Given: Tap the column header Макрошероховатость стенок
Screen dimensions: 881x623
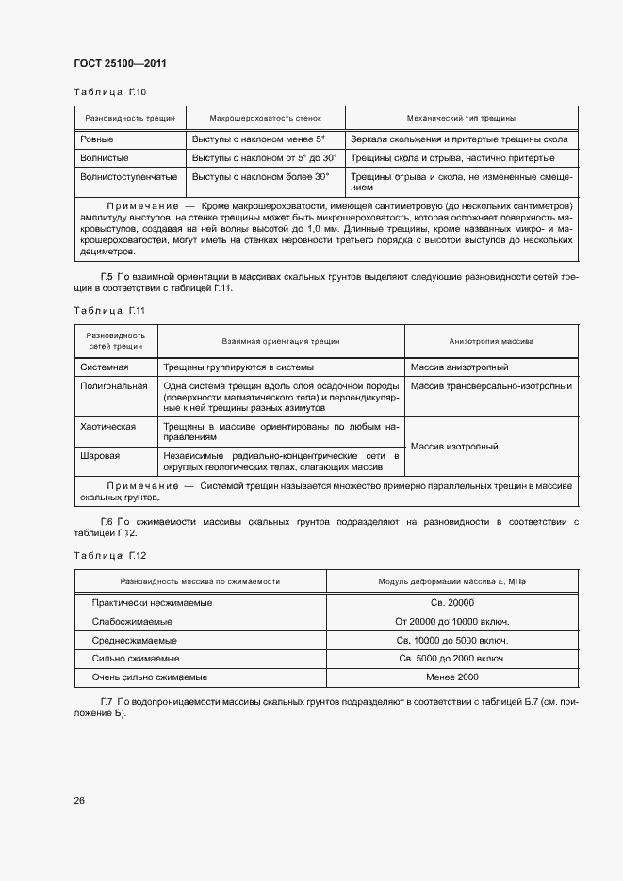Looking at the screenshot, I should [266, 119].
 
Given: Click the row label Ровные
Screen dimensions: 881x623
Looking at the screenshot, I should [96, 139].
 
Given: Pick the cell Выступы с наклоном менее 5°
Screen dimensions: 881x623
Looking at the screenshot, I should [258, 139].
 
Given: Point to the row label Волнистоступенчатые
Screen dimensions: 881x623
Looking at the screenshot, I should [129, 176].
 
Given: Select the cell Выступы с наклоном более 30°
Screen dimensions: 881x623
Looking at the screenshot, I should [261, 176].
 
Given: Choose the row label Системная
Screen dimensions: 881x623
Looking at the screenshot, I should [105, 367].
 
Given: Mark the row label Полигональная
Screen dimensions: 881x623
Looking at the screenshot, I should [114, 385].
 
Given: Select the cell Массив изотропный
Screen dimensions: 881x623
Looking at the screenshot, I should [454, 447].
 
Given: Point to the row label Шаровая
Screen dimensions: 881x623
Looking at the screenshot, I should [100, 456].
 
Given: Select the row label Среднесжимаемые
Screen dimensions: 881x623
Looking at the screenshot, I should [135, 640].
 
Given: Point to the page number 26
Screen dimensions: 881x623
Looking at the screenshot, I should [79, 800].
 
